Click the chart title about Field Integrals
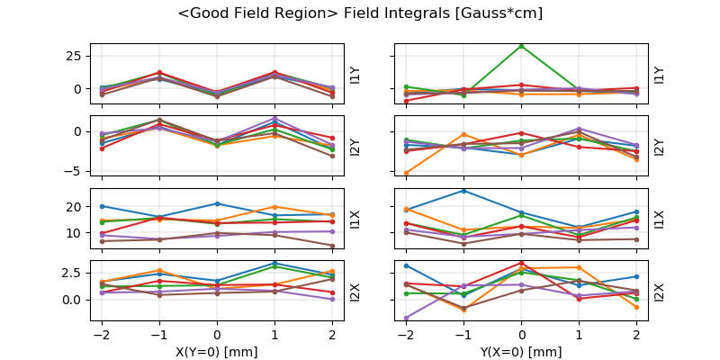coord(360,13)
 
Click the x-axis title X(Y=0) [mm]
coord(216,352)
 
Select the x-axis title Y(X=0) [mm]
coord(521,352)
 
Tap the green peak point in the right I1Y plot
coord(521,46)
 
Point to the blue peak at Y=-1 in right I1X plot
coord(463,190)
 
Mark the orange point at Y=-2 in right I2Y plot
coord(406,173)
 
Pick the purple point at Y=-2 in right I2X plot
coord(406,318)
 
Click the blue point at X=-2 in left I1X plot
coord(102,206)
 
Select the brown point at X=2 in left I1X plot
coord(332,246)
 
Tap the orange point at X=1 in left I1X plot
coord(274,207)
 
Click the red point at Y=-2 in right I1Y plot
coord(406,101)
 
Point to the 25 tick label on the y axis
coord(76,55)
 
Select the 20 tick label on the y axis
coord(76,207)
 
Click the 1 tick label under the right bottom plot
coord(579,336)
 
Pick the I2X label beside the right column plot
coord(660,292)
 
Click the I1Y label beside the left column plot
coord(355,75)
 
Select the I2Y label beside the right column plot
coord(660,147)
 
